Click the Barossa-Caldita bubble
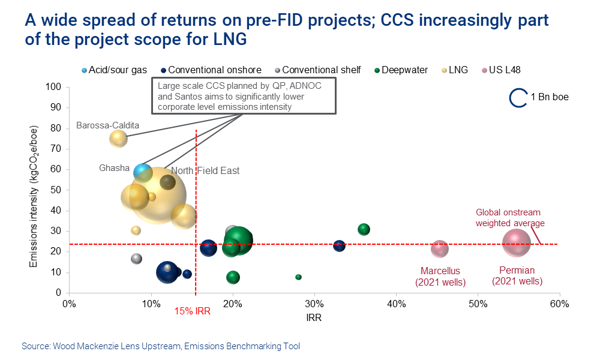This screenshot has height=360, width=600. click(119, 138)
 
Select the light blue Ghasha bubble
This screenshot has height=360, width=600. click(143, 172)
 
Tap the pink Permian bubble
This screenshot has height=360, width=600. click(516, 243)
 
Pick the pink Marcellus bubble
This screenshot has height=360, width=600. click(440, 248)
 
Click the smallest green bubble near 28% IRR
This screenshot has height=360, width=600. click(298, 277)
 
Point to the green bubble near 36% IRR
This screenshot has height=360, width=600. click(364, 229)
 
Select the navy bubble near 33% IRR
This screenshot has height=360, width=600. click(339, 245)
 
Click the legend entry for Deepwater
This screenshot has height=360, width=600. click(401, 70)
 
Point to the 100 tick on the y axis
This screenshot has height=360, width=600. click(55, 87)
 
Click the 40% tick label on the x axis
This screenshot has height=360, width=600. click(396, 303)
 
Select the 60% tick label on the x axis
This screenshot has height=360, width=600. click(559, 303)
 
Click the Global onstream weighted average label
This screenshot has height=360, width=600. click(509, 218)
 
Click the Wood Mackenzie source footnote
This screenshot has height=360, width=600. click(161, 346)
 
